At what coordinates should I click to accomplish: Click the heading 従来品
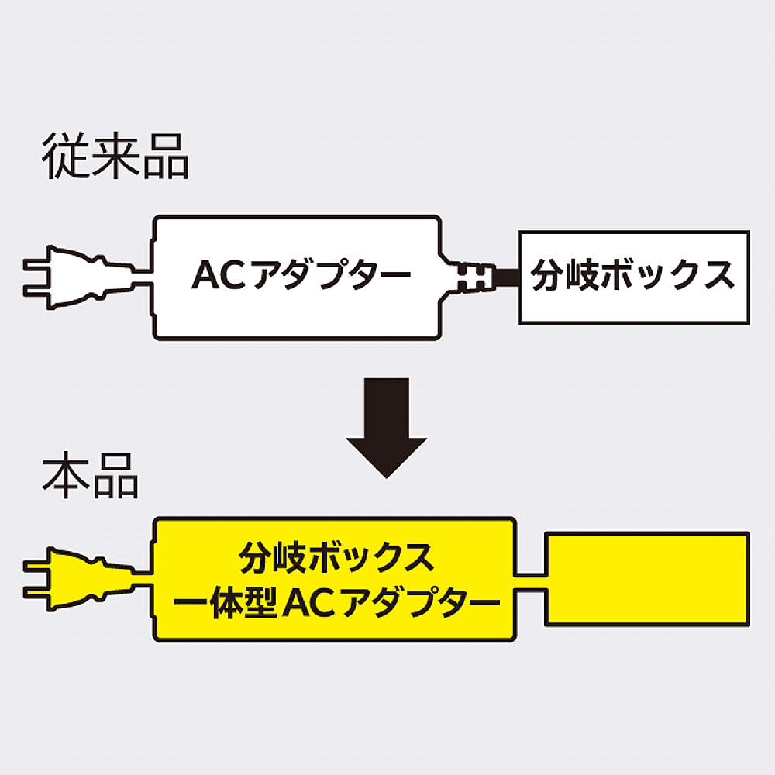point(115,157)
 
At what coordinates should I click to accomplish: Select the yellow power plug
point(77,580)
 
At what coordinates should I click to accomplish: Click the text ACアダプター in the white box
point(301,275)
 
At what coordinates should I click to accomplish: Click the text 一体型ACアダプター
point(334,601)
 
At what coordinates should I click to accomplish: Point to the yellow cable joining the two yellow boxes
point(531,580)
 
